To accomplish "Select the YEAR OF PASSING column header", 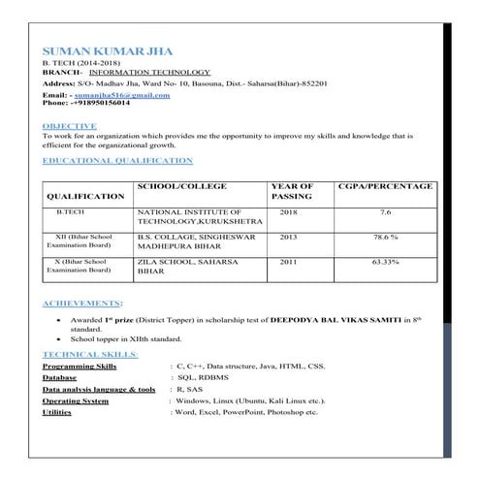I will (x=292, y=190).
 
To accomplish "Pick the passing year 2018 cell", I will (x=288, y=211).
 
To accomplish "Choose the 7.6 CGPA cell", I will (x=385, y=211).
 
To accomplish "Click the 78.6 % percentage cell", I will (x=386, y=237).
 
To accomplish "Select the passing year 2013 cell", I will (x=288, y=237).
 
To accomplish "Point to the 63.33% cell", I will (x=386, y=262).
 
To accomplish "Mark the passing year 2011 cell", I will (x=288, y=262).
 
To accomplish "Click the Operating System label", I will (x=76, y=400).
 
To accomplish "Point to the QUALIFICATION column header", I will (x=85, y=196).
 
